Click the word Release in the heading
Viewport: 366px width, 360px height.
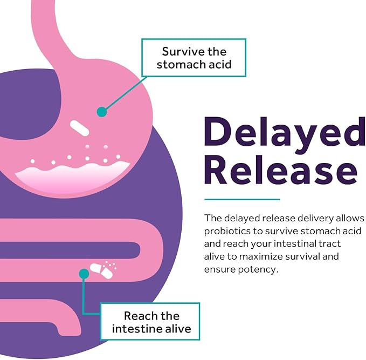pyautogui.click(x=281, y=169)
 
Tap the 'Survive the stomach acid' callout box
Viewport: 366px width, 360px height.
pyautogui.click(x=194, y=58)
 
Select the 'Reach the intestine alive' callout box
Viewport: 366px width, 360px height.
pyautogui.click(x=150, y=321)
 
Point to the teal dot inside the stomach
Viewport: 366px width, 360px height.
pyautogui.click(x=102, y=112)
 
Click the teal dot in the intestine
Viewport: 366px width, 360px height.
pyautogui.click(x=84, y=274)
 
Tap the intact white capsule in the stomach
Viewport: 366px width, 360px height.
pyautogui.click(x=80, y=128)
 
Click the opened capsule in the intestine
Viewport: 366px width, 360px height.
pyautogui.click(x=102, y=271)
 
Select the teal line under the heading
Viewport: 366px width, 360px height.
pyautogui.click(x=242, y=199)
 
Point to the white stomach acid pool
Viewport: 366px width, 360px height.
pyautogui.click(x=72, y=176)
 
